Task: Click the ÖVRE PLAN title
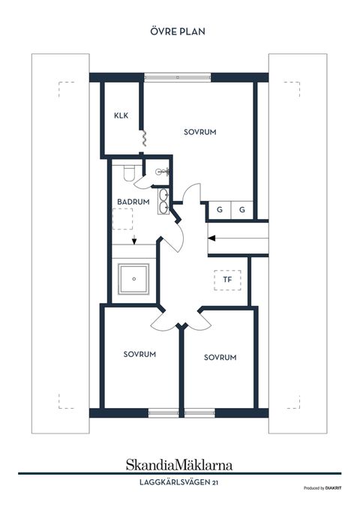(x=179, y=31)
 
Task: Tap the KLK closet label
(x=121, y=115)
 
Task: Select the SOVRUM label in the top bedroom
(x=199, y=131)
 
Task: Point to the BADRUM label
(x=133, y=202)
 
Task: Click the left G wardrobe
(x=219, y=211)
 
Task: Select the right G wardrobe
(x=242, y=211)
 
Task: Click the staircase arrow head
(x=212, y=238)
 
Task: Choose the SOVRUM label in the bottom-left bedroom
(x=139, y=354)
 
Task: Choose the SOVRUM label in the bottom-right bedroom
(x=220, y=358)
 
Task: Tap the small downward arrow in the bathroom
(x=133, y=241)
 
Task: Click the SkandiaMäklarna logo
(x=179, y=464)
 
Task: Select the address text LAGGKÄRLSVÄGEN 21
(x=179, y=482)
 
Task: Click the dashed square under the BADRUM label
(x=123, y=219)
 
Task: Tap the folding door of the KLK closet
(x=142, y=139)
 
